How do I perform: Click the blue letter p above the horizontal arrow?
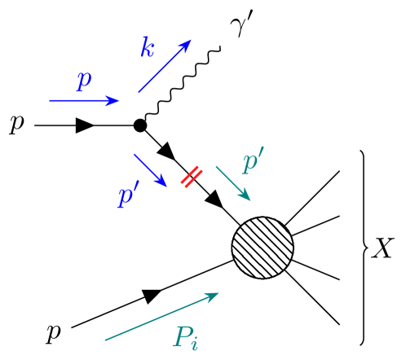point(83,81)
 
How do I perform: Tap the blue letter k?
point(147,48)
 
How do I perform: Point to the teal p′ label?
point(253,161)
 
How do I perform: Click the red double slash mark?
point(192,177)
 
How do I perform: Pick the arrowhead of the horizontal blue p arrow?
point(116,100)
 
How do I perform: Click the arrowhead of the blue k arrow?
point(188,42)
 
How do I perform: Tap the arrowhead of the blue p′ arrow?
point(163,182)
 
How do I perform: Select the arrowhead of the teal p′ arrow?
point(247,197)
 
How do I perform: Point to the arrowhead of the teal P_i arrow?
point(214,295)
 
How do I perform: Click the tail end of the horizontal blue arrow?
point(50,100)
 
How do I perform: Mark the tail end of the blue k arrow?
point(139,93)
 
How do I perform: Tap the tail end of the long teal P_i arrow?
point(105,340)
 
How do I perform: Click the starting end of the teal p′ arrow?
point(216,167)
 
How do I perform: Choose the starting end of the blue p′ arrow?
point(135,154)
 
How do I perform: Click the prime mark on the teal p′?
point(261,152)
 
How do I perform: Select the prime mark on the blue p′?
point(136,186)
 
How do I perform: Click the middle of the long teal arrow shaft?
point(161,317)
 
